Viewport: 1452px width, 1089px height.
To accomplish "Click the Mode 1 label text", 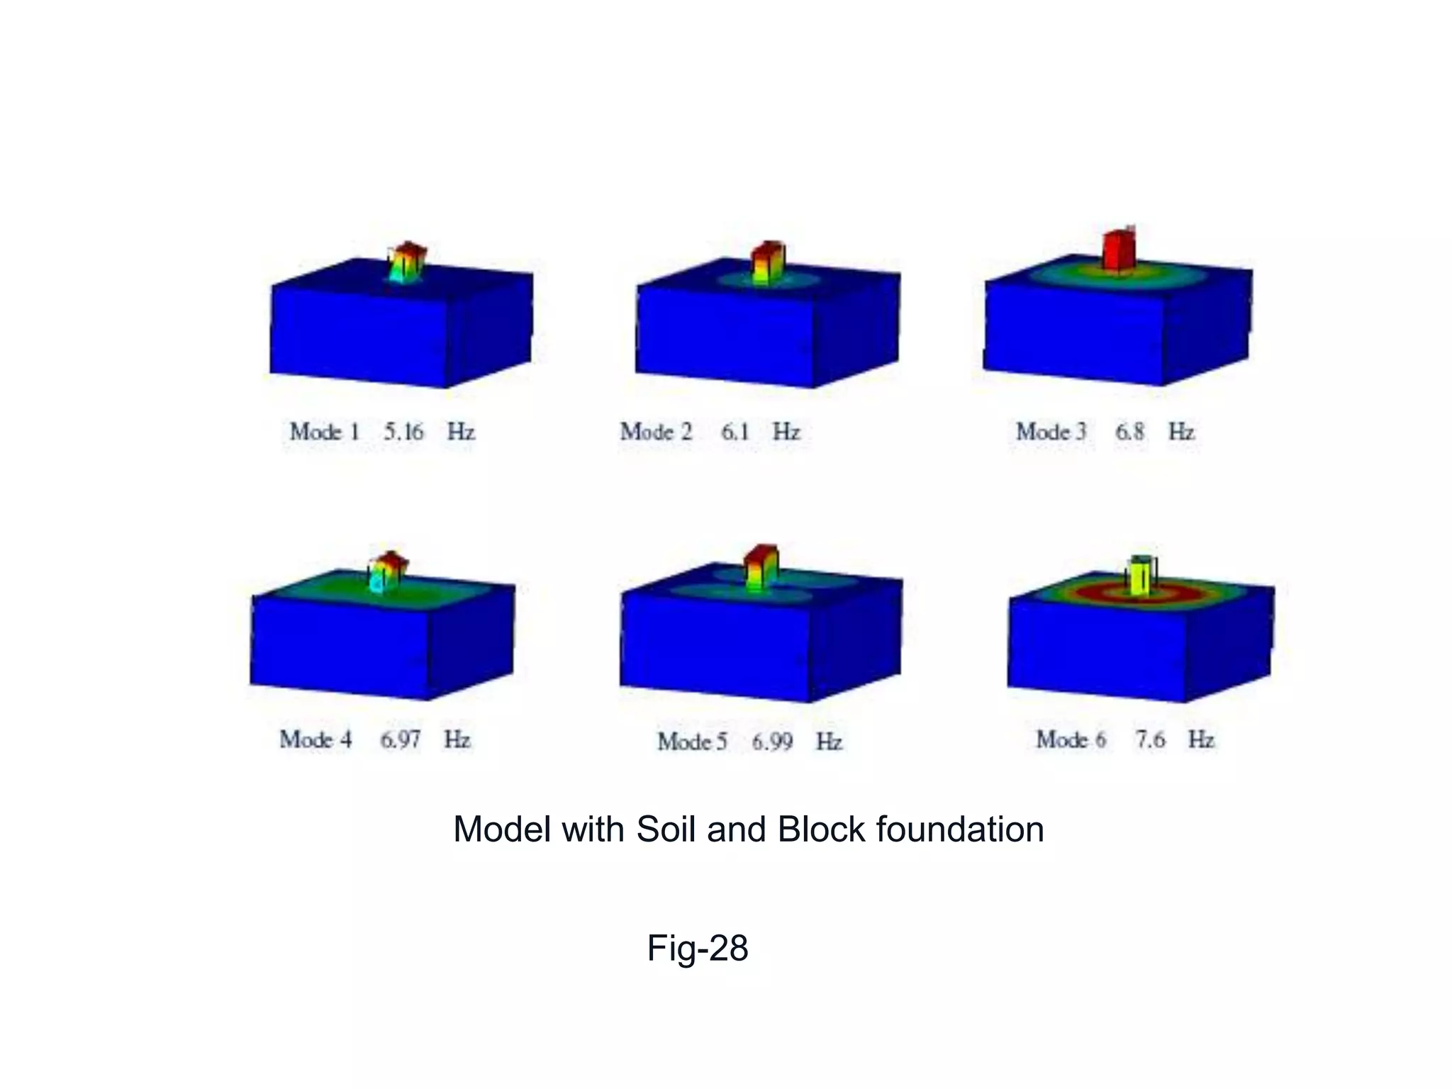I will [325, 431].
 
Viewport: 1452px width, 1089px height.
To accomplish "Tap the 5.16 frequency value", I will [403, 431].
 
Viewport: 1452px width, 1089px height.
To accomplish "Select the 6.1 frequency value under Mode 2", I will [735, 431].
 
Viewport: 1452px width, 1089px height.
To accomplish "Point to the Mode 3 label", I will [1051, 431].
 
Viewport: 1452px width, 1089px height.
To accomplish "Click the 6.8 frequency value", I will [1129, 431].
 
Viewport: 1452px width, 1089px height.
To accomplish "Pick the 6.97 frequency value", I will [401, 739].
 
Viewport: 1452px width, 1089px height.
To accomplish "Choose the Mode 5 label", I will [692, 742].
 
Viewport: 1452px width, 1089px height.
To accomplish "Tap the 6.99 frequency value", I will [772, 742].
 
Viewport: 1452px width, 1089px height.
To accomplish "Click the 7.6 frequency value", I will [1150, 739].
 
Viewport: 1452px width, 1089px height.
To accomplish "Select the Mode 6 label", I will [1071, 739].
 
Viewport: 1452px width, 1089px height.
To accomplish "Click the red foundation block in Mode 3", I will [1119, 250].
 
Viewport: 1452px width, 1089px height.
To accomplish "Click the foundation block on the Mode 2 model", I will [766, 262].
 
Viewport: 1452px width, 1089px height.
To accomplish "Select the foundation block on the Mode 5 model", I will [761, 566].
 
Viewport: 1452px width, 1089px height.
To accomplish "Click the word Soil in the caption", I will [666, 829].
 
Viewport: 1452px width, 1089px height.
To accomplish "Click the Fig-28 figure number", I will [697, 947].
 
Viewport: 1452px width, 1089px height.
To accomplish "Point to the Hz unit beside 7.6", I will [1201, 739].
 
